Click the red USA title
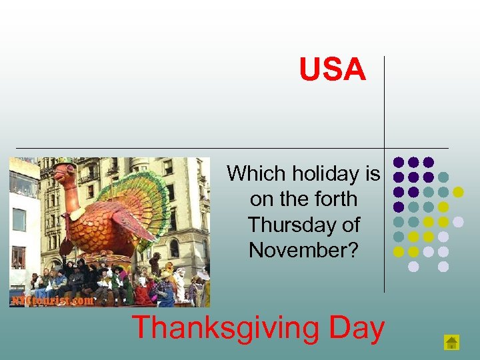tap(333, 70)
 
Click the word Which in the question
tap(251, 174)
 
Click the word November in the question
tap(299, 250)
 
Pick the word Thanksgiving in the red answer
tap(221, 329)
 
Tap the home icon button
tap(452, 343)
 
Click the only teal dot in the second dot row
tap(443, 177)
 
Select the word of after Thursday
tap(350, 225)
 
